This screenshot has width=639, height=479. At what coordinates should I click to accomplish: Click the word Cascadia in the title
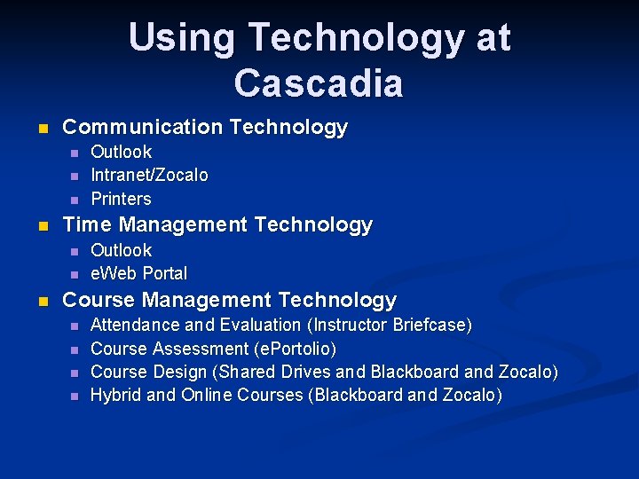click(319, 82)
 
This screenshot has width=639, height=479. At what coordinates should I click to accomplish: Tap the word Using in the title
click(182, 38)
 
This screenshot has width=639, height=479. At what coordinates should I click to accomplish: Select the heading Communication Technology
click(205, 128)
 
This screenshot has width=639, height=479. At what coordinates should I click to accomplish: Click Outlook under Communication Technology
click(122, 152)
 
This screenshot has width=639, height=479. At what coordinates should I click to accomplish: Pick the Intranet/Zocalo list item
click(150, 176)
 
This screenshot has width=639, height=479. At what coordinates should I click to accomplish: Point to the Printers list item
click(122, 199)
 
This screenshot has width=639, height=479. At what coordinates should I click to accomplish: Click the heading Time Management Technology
click(217, 225)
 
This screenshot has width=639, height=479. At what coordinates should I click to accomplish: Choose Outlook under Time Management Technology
click(122, 250)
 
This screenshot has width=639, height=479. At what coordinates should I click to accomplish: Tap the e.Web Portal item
click(139, 273)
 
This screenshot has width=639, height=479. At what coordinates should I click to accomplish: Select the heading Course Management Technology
click(230, 300)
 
